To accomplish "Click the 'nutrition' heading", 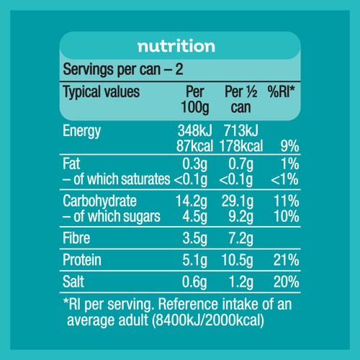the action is [x=176, y=45].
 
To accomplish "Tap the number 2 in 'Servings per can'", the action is [x=179, y=69].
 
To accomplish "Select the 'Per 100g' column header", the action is [x=195, y=99].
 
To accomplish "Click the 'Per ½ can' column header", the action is [x=241, y=99].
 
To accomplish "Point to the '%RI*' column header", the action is [x=281, y=91].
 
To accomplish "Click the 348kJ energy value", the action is [x=195, y=130].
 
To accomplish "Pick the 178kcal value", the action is [x=241, y=146].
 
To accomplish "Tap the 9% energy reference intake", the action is [x=289, y=146].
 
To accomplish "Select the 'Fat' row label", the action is [x=71, y=163].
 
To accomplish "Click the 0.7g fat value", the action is [x=240, y=165].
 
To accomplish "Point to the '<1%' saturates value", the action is [x=284, y=179].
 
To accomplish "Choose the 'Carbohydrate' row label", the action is [x=99, y=202].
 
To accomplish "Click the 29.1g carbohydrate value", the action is [x=238, y=202].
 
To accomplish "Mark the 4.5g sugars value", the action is [x=194, y=217].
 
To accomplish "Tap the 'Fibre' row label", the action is [x=76, y=238].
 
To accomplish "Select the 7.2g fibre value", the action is [x=240, y=239].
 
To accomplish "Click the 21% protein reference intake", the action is [x=286, y=260].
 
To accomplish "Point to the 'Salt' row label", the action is [x=73, y=282].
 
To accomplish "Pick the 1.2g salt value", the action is [x=241, y=282].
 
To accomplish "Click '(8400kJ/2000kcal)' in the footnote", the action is [x=208, y=320].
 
